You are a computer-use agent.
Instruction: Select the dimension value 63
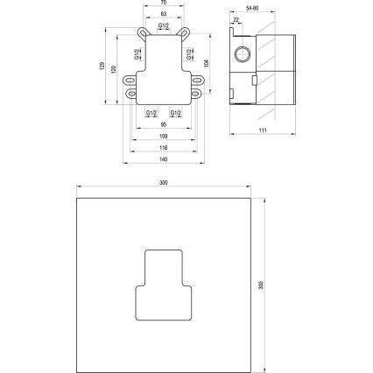click(164, 15)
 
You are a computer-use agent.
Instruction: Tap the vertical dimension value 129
click(102, 66)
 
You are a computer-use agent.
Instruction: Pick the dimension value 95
click(164, 125)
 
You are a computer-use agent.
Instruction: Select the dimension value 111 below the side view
click(262, 130)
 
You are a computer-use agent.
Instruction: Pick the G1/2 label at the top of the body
click(164, 26)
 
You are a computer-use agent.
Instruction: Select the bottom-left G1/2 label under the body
click(151, 113)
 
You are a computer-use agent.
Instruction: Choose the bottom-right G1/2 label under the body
click(176, 113)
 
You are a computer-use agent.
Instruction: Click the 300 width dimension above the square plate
click(164, 183)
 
